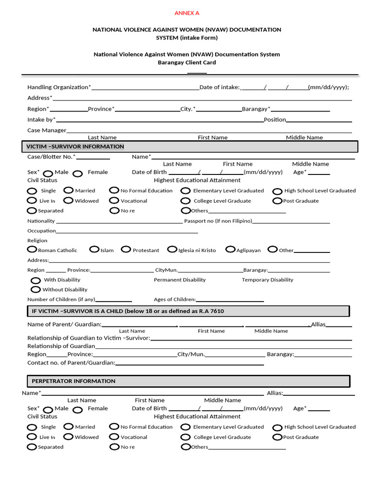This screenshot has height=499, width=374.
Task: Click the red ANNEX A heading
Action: pyautogui.click(x=187, y=13)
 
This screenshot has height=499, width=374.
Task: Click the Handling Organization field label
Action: pyautogui.click(x=58, y=87)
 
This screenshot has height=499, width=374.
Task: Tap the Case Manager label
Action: pyautogui.click(x=47, y=130)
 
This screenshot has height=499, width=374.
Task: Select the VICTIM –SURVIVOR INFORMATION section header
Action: pyautogui.click(x=75, y=147)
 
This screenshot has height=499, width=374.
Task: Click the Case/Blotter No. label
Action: pyautogui.click(x=51, y=156)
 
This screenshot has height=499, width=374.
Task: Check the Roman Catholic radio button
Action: pyautogui.click(x=32, y=249)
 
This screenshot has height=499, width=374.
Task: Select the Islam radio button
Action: pyautogui.click(x=94, y=249)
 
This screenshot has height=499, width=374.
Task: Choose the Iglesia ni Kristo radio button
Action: pyautogui.click(x=172, y=249)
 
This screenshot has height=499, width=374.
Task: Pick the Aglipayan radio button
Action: pyautogui.click(x=230, y=249)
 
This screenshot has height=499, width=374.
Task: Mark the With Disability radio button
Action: pyautogui.click(x=36, y=280)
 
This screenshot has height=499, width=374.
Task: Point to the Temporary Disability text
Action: pyautogui.click(x=267, y=280)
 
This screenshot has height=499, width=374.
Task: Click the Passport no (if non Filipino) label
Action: pyautogui.click(x=218, y=221)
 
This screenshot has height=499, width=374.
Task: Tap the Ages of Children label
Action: pyautogui.click(x=175, y=299)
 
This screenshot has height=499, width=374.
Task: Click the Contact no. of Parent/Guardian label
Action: pyautogui.click(x=71, y=363)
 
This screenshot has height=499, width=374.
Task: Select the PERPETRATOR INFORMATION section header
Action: pyautogui.click(x=74, y=381)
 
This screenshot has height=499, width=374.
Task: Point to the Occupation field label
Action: pyautogui.click(x=41, y=230)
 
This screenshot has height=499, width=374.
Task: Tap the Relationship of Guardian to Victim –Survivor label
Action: pyautogui.click(x=89, y=338)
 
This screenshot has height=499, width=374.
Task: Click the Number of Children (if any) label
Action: pyautogui.click(x=61, y=299)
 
